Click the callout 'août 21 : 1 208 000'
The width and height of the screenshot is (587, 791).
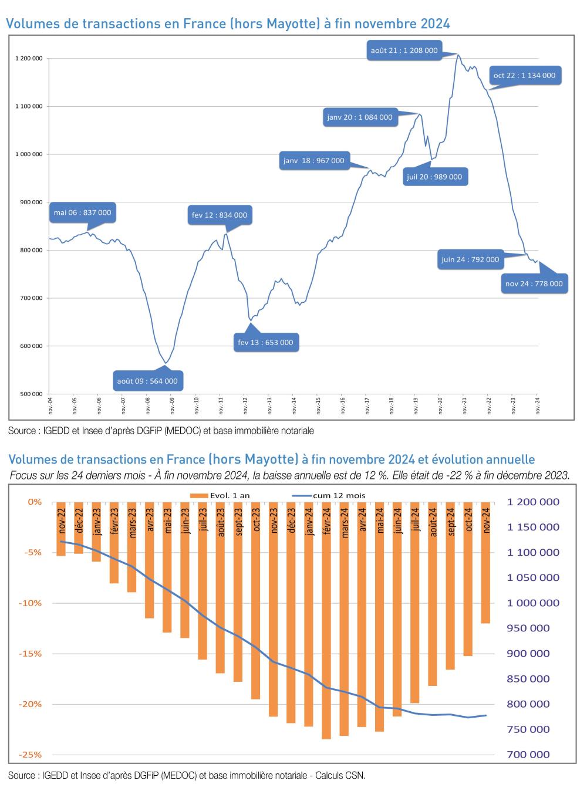point(404,50)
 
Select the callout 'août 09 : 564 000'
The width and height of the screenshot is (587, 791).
point(147,381)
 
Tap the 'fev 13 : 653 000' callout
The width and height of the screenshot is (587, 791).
point(265,343)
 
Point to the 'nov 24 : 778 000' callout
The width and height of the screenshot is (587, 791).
point(534,283)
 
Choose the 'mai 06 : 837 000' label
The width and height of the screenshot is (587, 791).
point(82,212)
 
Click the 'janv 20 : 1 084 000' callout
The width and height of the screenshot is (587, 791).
point(359,117)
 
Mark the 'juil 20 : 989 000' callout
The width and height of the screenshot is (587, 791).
point(434,177)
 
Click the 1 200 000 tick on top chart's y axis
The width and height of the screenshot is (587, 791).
point(29,59)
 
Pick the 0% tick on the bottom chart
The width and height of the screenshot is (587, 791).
point(35,502)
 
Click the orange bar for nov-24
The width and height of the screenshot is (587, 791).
point(485,593)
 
